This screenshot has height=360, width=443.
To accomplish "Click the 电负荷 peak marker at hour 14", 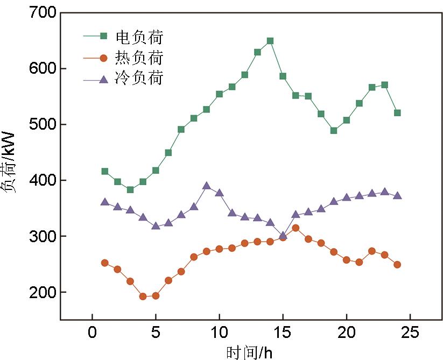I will click(270, 41).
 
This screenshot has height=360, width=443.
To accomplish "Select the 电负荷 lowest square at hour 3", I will click(130, 190).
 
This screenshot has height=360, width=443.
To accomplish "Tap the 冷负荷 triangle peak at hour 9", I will click(207, 186).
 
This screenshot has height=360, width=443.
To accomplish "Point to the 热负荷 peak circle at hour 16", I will click(296, 228).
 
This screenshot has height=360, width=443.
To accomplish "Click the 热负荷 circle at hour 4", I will click(143, 296).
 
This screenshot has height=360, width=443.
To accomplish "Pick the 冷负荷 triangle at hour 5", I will click(156, 226).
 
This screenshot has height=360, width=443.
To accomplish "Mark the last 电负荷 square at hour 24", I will click(397, 113).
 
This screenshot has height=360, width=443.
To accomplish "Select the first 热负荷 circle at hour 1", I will click(105, 263).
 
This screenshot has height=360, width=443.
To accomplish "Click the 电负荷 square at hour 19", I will click(334, 131).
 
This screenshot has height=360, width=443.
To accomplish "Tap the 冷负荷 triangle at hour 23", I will click(384, 192).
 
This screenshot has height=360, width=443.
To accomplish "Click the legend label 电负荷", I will click(139, 37).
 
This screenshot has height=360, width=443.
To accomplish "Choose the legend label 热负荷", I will click(139, 58).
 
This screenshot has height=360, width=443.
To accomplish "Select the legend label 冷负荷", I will click(139, 79).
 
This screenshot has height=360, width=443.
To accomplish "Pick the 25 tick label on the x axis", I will click(410, 333).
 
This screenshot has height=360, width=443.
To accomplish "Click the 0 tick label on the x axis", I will click(92, 333).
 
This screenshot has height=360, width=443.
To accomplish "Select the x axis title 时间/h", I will click(249, 352).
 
